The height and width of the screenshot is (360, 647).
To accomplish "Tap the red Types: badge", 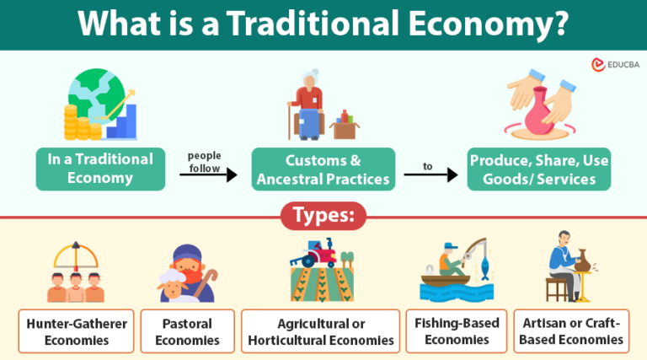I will click(323, 217).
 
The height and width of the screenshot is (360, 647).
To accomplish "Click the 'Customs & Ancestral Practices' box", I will click(323, 169).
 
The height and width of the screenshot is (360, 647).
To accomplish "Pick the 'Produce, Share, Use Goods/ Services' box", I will click(539, 169).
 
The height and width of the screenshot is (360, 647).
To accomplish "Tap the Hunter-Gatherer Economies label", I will click(76, 331).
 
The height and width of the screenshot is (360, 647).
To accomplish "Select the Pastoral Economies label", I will click(186, 331).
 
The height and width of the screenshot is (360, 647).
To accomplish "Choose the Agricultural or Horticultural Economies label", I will click(320, 331).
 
